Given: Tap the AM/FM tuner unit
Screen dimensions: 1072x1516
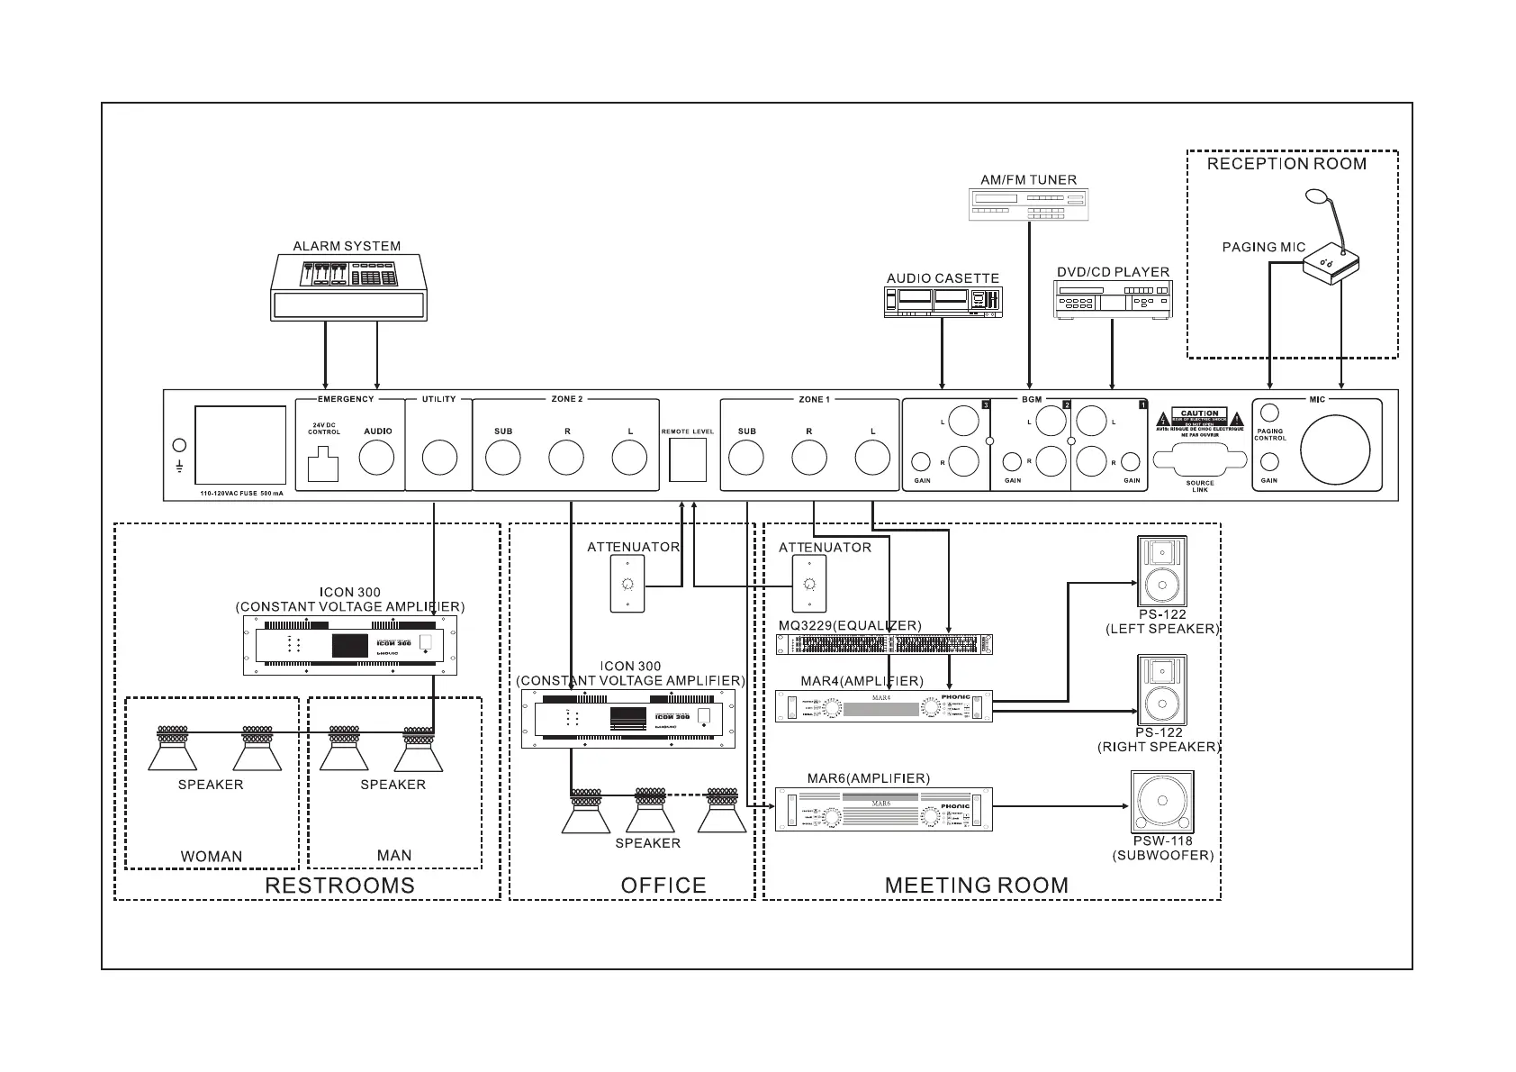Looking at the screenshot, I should coord(1028,204).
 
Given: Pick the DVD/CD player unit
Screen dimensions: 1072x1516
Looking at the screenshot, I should coord(1114,299).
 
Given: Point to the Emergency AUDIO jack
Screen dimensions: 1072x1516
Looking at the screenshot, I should coord(377,459).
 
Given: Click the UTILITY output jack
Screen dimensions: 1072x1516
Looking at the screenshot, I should coord(439,459).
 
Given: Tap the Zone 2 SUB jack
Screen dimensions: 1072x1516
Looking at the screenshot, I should coord(503,459).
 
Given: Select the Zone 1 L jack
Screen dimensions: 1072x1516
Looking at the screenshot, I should coord(872,459).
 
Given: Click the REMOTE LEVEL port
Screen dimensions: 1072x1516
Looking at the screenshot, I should coord(688,460).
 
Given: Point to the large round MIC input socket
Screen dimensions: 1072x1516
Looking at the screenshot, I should coord(1335,450).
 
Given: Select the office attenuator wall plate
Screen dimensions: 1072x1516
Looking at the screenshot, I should coord(627,584).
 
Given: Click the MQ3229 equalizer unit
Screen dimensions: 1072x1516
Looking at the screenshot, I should coord(884,644).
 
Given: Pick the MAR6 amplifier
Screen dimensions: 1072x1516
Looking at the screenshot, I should coord(884,809).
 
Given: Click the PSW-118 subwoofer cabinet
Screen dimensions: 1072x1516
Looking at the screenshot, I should coord(1162,802).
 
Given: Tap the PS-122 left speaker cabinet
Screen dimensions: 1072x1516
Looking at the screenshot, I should coord(1162,571).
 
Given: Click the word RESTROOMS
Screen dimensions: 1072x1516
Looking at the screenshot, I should coord(339,886).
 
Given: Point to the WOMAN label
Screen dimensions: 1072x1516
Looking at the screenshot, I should coord(212,857).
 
